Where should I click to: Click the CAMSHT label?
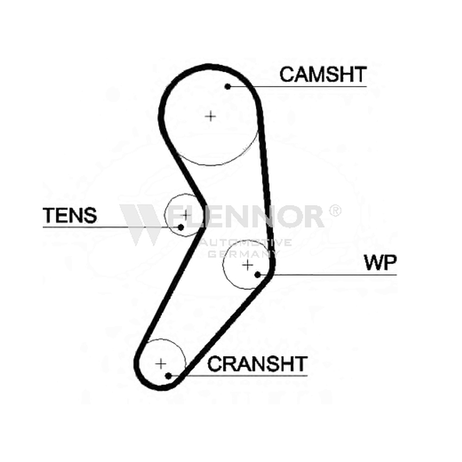323,74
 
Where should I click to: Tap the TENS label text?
70,215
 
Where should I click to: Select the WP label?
381,262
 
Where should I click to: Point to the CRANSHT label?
258,364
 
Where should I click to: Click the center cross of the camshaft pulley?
210,116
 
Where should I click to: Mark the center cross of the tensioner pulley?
185,215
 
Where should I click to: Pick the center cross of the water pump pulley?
248,265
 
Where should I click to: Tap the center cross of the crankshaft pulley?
161,364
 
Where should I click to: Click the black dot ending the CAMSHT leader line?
228,86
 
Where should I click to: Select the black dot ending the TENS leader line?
181,227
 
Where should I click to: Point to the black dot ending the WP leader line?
258,275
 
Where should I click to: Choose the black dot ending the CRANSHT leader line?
168,376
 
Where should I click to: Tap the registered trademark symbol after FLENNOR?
335,211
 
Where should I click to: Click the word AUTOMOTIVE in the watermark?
246,243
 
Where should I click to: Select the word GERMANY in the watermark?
244,254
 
